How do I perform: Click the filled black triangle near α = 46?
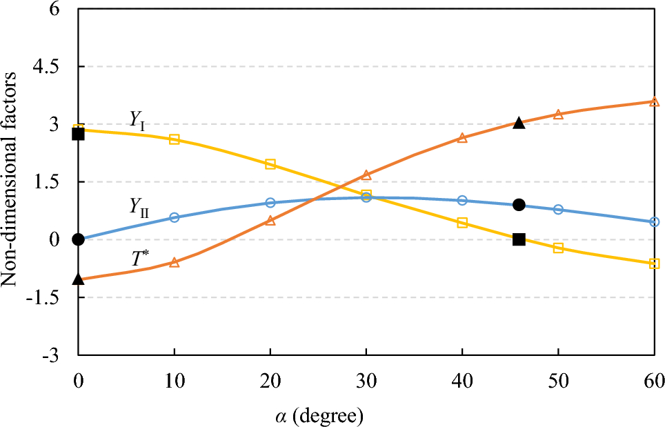519,123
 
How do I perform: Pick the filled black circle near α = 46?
519,205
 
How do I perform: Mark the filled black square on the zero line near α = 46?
519,239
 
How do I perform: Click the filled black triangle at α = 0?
78,279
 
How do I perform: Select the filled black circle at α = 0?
78,239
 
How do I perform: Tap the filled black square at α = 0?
78,134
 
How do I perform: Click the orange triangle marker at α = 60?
654,101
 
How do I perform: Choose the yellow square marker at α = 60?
654,264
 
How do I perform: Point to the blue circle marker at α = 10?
174,217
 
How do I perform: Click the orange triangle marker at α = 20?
270,221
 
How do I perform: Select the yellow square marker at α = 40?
462,223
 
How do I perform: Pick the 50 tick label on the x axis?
558,381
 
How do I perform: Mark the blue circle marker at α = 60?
654,222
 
